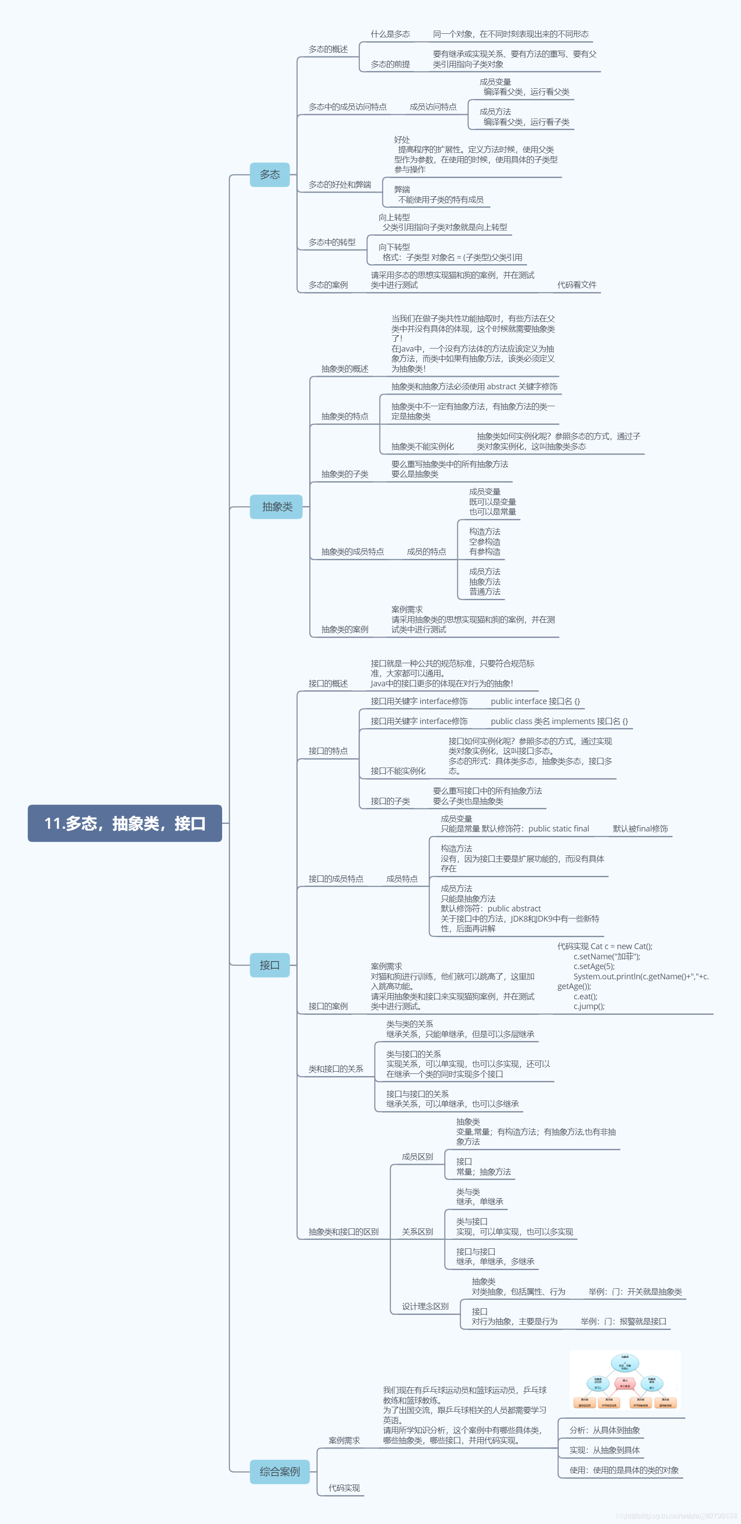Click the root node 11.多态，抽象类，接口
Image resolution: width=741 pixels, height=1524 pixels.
coord(125,823)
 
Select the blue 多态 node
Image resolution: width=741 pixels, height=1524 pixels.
coord(270,174)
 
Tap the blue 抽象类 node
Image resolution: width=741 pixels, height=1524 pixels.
coord(276,507)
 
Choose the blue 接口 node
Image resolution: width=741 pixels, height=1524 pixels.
coord(270,965)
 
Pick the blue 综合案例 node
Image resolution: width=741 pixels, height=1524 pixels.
coord(279,1471)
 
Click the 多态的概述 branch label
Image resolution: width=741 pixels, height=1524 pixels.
coord(328,49)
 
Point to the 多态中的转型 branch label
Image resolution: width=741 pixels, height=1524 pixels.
coord(332,242)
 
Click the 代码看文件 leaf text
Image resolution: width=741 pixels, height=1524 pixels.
coord(577,285)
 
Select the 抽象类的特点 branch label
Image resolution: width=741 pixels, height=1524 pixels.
coord(344,416)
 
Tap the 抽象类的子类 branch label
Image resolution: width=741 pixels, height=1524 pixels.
coord(344,474)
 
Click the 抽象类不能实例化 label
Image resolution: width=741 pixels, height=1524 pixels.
coord(422,446)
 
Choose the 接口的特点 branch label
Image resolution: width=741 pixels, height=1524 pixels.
coord(328,751)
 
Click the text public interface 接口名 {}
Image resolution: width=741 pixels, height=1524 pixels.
coord(535,701)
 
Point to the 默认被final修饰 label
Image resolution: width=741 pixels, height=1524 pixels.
coord(641,829)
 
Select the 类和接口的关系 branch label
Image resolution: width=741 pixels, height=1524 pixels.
coord(335,1069)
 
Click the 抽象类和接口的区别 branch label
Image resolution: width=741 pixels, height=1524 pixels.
coord(343,1232)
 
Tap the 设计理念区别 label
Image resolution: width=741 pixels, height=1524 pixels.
coord(425,1306)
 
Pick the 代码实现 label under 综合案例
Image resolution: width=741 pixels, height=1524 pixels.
coord(344,1487)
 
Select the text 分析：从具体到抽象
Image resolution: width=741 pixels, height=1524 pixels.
coord(604,1430)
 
